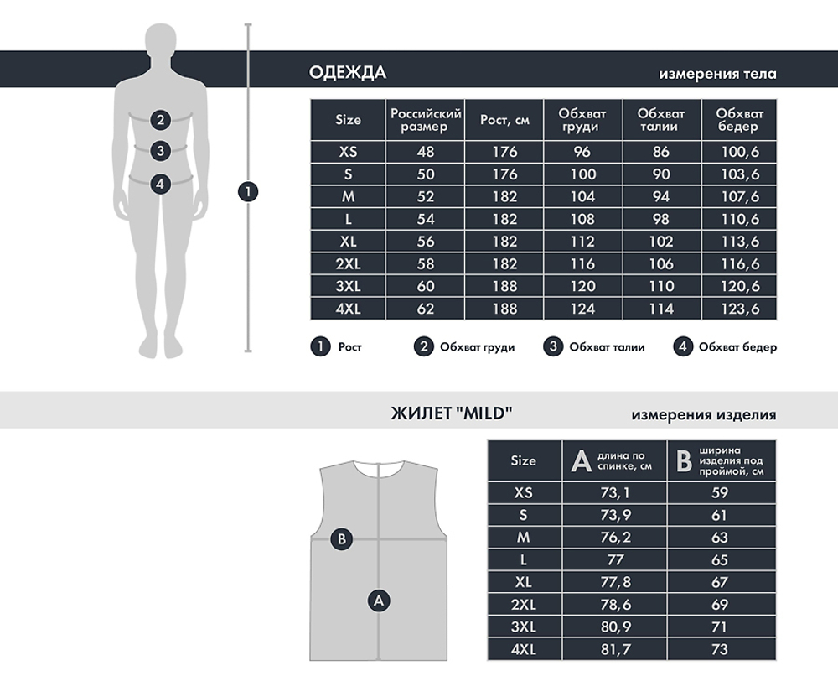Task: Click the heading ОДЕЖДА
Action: (x=348, y=73)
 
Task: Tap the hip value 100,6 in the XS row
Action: (x=740, y=152)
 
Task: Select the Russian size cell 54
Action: (x=426, y=219)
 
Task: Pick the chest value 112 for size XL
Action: (x=582, y=242)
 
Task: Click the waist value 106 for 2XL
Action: (x=661, y=264)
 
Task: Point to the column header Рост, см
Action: (x=504, y=120)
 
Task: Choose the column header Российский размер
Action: (x=426, y=120)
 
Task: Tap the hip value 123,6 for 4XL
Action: (x=740, y=309)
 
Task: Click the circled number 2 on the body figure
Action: (x=160, y=120)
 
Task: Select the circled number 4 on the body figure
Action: (x=160, y=184)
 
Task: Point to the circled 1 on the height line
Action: (x=248, y=191)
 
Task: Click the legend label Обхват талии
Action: (x=607, y=347)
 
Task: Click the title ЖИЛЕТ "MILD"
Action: (x=452, y=413)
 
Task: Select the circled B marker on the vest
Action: (x=342, y=538)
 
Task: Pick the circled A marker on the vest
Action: (x=379, y=601)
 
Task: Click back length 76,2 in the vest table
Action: (x=615, y=537)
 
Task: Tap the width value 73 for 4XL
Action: (x=719, y=649)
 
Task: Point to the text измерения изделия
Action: (x=703, y=415)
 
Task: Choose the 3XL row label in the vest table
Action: (x=523, y=627)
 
